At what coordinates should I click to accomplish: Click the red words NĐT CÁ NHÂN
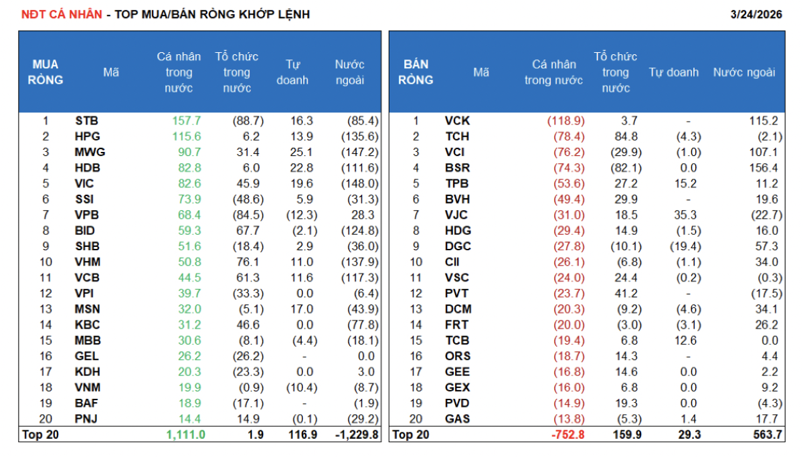[62, 15]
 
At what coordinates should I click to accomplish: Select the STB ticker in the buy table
[86, 121]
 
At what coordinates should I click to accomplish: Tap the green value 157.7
[187, 121]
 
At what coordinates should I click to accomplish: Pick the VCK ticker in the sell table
[457, 121]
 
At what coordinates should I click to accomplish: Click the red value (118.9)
[566, 121]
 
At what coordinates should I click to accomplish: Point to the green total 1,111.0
[185, 435]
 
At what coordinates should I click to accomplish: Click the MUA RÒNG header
[46, 72]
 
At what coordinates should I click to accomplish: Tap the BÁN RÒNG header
[416, 72]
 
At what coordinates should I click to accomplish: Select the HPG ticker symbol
[87, 136]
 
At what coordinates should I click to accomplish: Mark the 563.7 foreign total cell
[764, 435]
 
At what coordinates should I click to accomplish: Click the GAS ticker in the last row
[457, 419]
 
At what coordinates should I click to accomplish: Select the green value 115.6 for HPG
[187, 136]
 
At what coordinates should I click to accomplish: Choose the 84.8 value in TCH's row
[625, 136]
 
